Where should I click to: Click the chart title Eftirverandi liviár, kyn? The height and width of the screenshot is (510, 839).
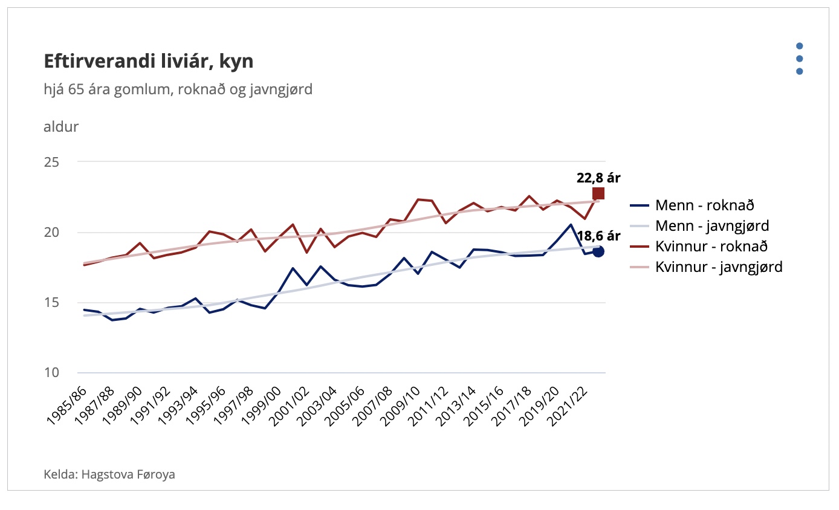(x=149, y=62)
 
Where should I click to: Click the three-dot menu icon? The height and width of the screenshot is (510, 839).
(x=799, y=59)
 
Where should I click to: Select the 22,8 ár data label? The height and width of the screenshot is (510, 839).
(x=598, y=178)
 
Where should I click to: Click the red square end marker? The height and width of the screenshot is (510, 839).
(x=598, y=193)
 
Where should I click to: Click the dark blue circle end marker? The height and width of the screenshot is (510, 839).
(x=598, y=251)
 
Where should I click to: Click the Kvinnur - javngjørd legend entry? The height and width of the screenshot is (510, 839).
(x=719, y=266)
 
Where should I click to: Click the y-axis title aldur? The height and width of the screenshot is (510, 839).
(x=61, y=127)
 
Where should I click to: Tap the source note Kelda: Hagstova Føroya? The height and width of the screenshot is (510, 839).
(x=109, y=474)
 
